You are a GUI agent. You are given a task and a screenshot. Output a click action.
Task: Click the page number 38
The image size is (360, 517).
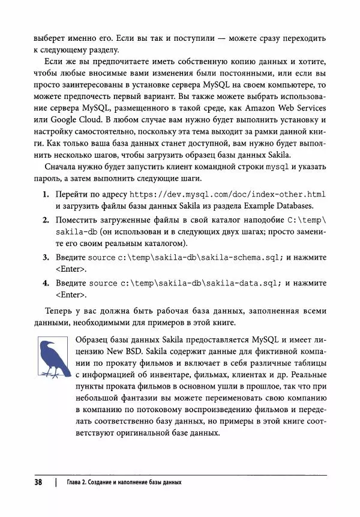tap(39, 482)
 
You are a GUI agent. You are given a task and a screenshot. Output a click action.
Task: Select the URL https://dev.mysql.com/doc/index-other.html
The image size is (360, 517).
tap(227, 195)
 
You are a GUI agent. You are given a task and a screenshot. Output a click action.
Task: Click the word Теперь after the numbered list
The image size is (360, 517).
tap(61, 311)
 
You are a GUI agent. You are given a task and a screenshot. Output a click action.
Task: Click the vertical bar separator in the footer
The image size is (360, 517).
tap(55, 483)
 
